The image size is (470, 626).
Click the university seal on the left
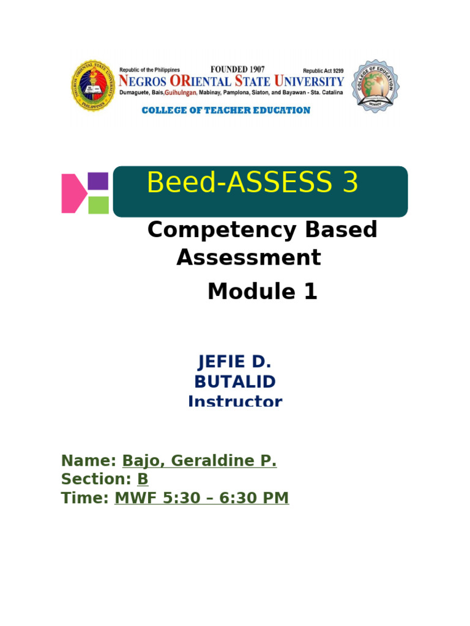[x=94, y=86]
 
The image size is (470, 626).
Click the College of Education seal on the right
[x=375, y=86]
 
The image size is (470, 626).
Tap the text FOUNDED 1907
[x=238, y=70]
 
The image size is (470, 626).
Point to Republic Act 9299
[x=323, y=71]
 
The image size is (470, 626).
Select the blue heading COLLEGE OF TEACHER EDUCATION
[x=226, y=111]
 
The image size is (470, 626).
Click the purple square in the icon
[x=99, y=182]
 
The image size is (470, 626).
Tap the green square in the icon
[x=99, y=205]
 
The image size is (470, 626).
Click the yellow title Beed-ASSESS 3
[x=252, y=183]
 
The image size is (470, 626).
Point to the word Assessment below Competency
[x=248, y=258]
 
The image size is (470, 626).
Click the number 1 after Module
[x=310, y=292]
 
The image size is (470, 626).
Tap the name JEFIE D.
[x=234, y=361]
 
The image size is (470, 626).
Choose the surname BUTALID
[x=235, y=382]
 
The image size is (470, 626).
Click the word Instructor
[x=235, y=401]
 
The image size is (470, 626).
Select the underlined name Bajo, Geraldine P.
[x=200, y=461]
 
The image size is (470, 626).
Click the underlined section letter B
[x=143, y=479]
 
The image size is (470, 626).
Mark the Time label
[x=85, y=498]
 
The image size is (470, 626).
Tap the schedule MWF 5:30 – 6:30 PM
[x=201, y=498]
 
